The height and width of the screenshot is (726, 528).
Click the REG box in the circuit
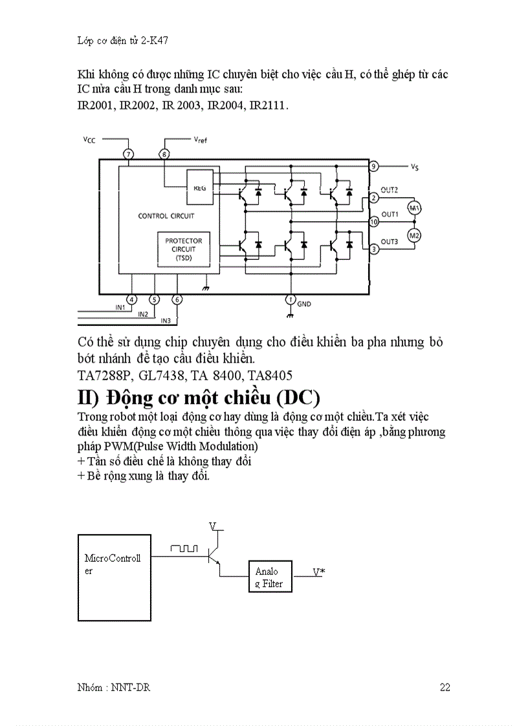[x=199, y=187]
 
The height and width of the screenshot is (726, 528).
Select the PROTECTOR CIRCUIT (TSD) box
[x=183, y=250]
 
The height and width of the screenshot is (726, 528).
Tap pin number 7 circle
[x=128, y=154]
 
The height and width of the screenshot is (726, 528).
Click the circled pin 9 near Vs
[x=373, y=166]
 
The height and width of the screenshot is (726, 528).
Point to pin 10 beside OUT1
[x=373, y=222]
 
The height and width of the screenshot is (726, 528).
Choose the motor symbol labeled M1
[x=413, y=208]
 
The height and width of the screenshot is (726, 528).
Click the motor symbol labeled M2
[x=413, y=235]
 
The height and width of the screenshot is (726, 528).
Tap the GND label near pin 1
[x=304, y=303]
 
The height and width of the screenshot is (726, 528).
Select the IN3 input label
[x=165, y=321]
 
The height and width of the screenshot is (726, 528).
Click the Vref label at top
[x=200, y=139]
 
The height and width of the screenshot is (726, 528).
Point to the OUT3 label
[x=390, y=241]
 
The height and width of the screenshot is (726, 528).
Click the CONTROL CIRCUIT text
[x=166, y=216]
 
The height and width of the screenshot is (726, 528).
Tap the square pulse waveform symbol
[x=184, y=548]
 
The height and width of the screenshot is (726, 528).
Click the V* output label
[x=318, y=571]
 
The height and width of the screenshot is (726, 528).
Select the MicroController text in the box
[x=112, y=564]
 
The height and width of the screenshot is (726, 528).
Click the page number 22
[x=445, y=687]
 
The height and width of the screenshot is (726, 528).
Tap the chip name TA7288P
[x=102, y=375]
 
